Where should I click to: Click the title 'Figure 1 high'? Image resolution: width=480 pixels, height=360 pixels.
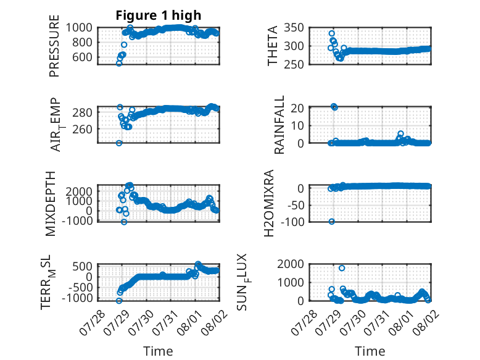coord(159,15)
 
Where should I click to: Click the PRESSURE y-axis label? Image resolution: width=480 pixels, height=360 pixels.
coord(54,46)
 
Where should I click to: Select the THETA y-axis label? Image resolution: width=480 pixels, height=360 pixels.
coord(273,46)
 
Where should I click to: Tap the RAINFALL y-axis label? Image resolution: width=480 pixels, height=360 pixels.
coord(279,125)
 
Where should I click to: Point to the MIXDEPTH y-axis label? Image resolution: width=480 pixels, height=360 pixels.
coord(51,204)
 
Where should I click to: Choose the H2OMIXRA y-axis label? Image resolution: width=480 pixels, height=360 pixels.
coord(269,203)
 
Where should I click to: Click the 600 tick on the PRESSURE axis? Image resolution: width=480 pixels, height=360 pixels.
coord(82,57)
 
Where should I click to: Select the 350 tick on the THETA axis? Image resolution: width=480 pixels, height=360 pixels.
coord(294,28)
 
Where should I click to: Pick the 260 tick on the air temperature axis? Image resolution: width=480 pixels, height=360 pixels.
coord(82,129)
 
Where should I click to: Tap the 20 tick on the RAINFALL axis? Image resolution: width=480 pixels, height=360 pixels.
coord(297,108)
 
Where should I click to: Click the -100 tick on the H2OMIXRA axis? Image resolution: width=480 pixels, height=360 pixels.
coord(292,222)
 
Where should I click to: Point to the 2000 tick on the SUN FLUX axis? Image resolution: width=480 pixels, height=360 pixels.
coord(291,264)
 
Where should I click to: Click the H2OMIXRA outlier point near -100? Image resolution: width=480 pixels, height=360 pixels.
coord(331,222)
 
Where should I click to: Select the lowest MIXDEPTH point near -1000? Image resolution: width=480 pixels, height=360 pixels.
coord(124,222)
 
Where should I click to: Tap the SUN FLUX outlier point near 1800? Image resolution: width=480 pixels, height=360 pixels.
coord(342,268)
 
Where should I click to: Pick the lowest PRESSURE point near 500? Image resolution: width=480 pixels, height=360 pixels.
coord(119,64)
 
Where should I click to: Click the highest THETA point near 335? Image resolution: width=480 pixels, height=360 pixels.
coord(332,33)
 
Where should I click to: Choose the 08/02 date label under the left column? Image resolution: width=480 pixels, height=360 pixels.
coord(214,322)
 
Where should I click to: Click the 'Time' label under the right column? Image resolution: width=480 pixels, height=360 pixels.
coord(370,351)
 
